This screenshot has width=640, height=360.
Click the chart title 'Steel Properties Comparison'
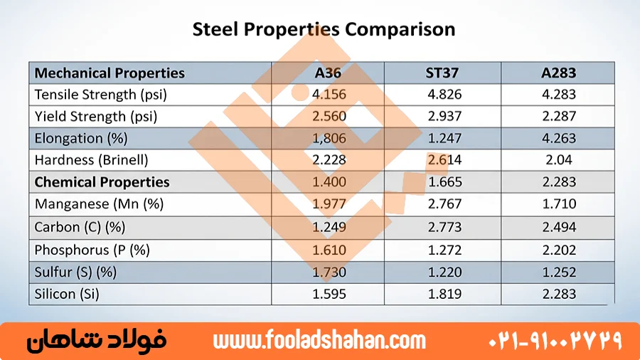(324, 29)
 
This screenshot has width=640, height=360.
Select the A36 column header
(329, 73)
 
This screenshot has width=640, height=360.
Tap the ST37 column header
(444, 73)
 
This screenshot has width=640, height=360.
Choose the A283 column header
(558, 73)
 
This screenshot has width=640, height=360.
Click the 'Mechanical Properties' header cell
(110, 73)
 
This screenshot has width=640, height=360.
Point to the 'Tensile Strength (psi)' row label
(100, 94)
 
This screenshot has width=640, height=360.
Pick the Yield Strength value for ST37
(444, 116)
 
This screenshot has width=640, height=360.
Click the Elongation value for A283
(558, 138)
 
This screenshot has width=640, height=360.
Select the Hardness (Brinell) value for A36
(329, 160)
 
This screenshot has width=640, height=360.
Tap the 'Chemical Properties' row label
(102, 182)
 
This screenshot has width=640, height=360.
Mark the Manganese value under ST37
(444, 204)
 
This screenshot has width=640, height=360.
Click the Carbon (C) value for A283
(558, 227)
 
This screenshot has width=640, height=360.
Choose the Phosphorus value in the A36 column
(329, 250)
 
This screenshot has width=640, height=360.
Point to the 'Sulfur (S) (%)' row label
(75, 272)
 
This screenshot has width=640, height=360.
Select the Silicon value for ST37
(444, 294)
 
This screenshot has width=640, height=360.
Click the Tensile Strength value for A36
(329, 94)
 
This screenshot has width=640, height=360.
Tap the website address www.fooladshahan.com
(319, 341)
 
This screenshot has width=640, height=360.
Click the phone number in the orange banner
(555, 341)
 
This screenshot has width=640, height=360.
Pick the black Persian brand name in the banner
(96, 341)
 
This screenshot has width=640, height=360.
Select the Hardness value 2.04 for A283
(558, 160)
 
